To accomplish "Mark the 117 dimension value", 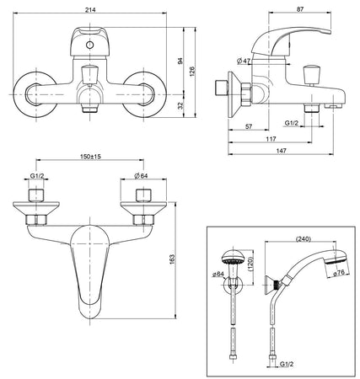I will [273, 139].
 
